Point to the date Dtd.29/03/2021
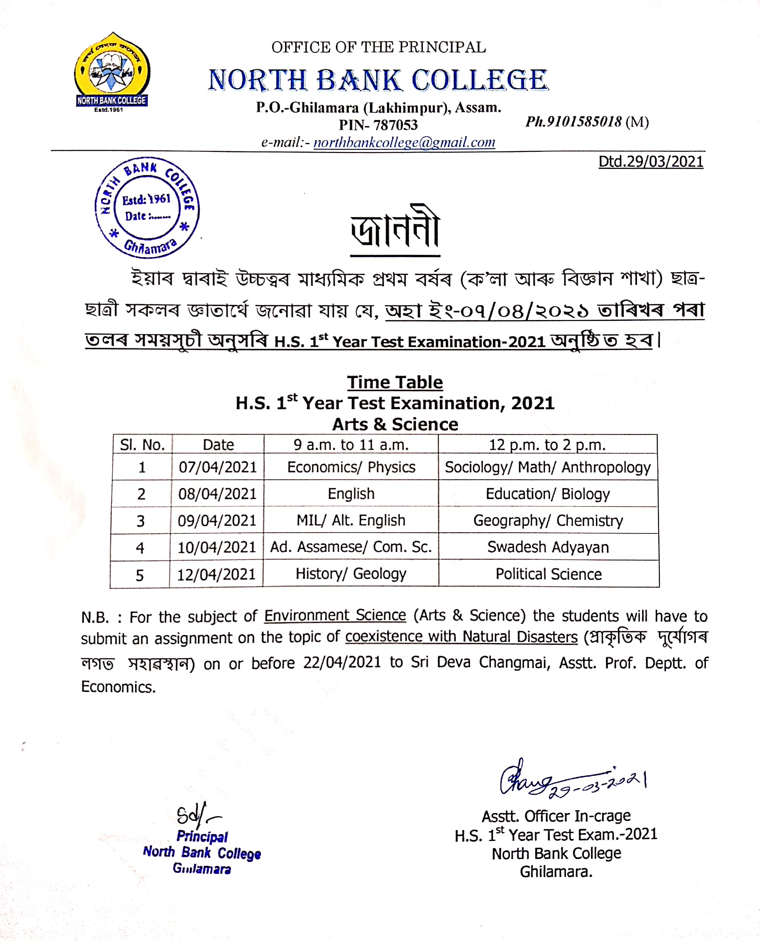coord(650,162)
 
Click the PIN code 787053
coord(395,125)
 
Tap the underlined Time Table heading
coord(395,382)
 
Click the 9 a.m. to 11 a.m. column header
coord(351,445)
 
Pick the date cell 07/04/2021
coord(218,467)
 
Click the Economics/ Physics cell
coord(351,467)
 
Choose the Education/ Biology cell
coord(548,494)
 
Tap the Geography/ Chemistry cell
coord(548,521)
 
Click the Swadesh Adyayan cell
coord(548,547)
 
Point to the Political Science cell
coord(548,574)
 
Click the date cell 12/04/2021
coord(216,574)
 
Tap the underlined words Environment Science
coord(335,616)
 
